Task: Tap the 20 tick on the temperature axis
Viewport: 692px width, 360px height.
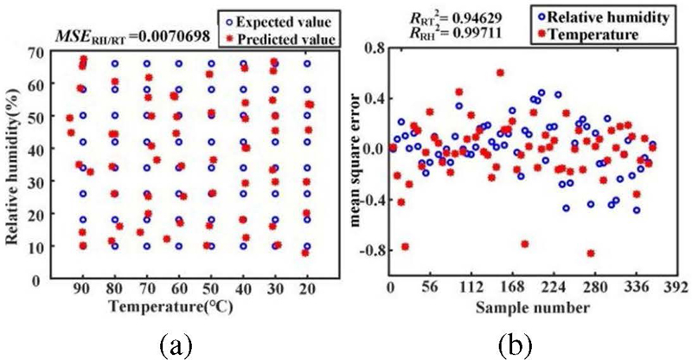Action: click(306, 288)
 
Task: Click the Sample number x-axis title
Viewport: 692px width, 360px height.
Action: click(532, 306)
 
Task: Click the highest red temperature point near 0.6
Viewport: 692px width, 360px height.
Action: click(500, 73)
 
